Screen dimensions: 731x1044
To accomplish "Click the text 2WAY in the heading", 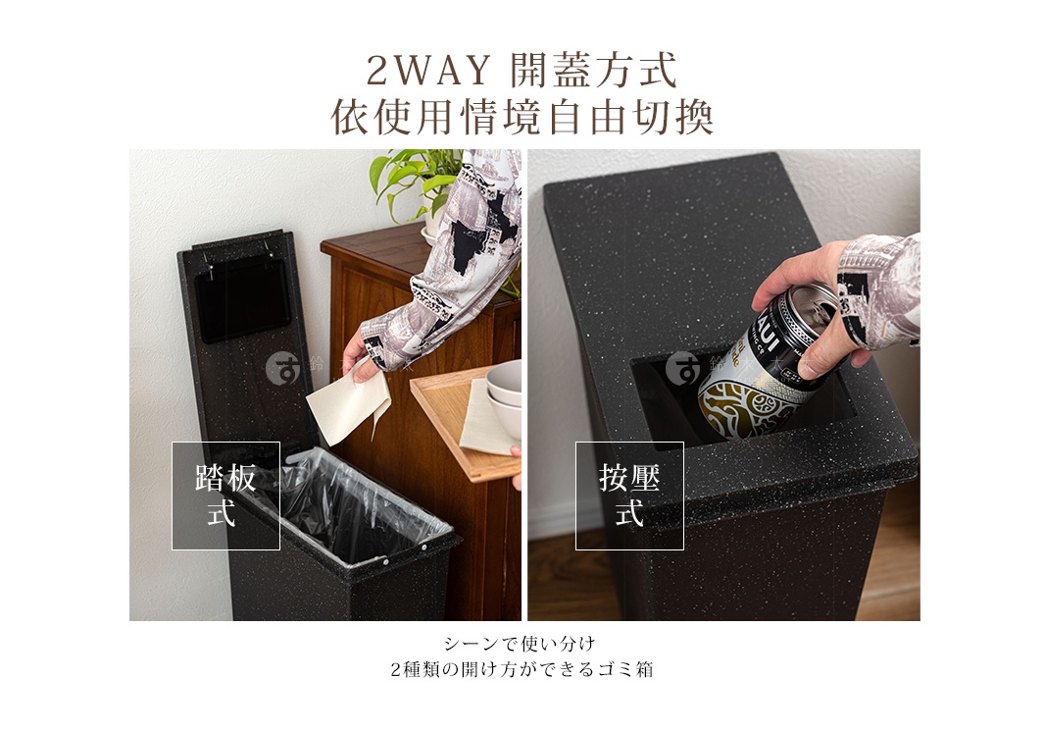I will click(x=426, y=72).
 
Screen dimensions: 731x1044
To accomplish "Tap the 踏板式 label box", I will click(x=225, y=496).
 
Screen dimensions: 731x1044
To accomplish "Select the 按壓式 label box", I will click(x=629, y=496).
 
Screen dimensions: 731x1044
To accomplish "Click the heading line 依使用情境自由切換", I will click(x=522, y=118).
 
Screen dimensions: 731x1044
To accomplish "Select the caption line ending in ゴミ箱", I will click(x=522, y=671).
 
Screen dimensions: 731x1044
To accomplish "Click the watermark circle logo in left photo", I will click(x=281, y=369).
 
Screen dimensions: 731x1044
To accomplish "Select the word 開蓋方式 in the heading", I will click(x=594, y=72).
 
